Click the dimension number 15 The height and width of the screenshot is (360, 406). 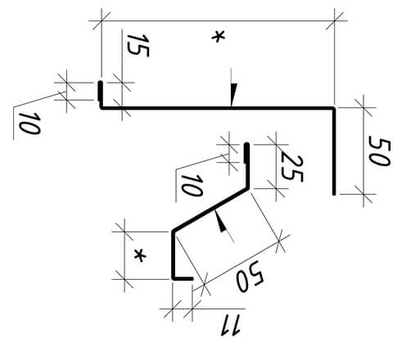pyautogui.click(x=138, y=46)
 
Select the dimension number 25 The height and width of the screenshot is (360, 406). pyautogui.click(x=291, y=169)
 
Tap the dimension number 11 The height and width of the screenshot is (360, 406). pyautogui.click(x=230, y=325)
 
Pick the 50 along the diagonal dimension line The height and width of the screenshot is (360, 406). pyautogui.click(x=250, y=276)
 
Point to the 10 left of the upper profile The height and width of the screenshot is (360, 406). pyautogui.click(x=29, y=124)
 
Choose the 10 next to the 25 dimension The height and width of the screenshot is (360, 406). pyautogui.click(x=192, y=186)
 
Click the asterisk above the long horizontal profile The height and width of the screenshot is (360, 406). pyautogui.click(x=219, y=37)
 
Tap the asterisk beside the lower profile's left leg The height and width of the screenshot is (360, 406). pyautogui.click(x=140, y=256)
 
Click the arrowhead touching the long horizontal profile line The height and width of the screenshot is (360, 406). pyautogui.click(x=233, y=94)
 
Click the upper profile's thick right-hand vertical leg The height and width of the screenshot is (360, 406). pyautogui.click(x=334, y=151)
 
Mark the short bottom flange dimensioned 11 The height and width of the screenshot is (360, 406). pyautogui.click(x=183, y=278)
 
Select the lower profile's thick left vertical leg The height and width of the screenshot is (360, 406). pyautogui.click(x=174, y=255)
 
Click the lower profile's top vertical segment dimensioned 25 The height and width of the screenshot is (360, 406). pyautogui.click(x=247, y=165)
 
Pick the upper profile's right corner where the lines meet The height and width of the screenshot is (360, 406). pyautogui.click(x=334, y=108)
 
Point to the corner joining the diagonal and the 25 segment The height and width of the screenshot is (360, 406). pyautogui.click(x=248, y=187)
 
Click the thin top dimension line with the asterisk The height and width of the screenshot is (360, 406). pyautogui.click(x=218, y=20)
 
